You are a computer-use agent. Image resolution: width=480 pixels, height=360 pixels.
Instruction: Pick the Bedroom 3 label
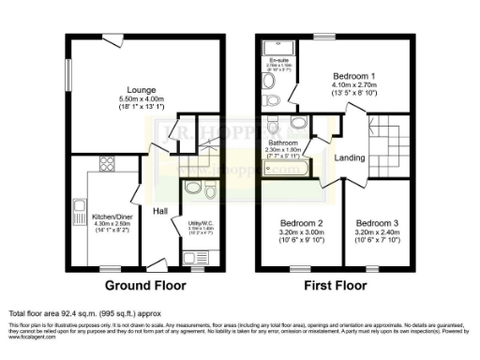point(378,223)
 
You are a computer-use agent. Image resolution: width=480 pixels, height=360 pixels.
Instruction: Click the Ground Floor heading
point(142,284)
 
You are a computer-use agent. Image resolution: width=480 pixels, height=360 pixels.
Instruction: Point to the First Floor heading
point(335,284)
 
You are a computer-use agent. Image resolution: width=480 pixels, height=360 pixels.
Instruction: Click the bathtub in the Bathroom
point(292,169)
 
